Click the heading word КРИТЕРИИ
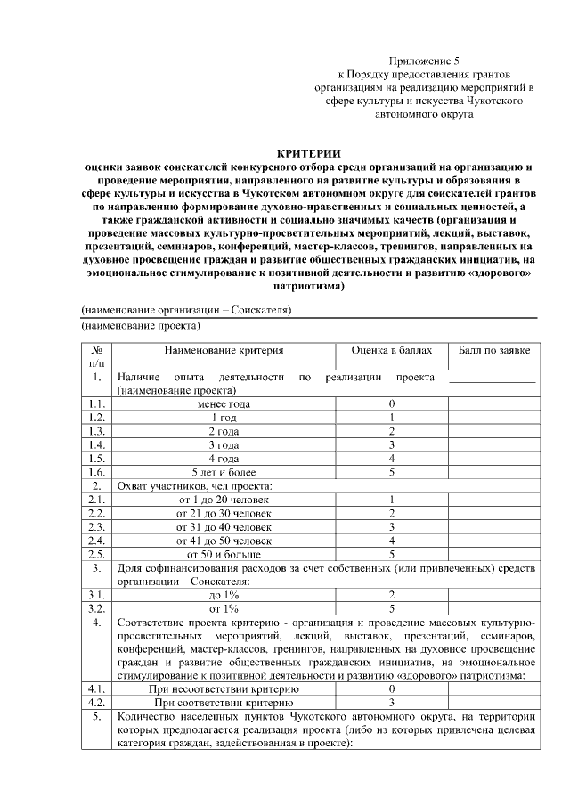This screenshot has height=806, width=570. (x=309, y=153)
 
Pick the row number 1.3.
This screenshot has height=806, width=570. (x=98, y=431)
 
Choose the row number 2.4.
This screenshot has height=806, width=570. (x=98, y=540)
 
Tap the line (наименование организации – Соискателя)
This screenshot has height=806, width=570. (x=187, y=310)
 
